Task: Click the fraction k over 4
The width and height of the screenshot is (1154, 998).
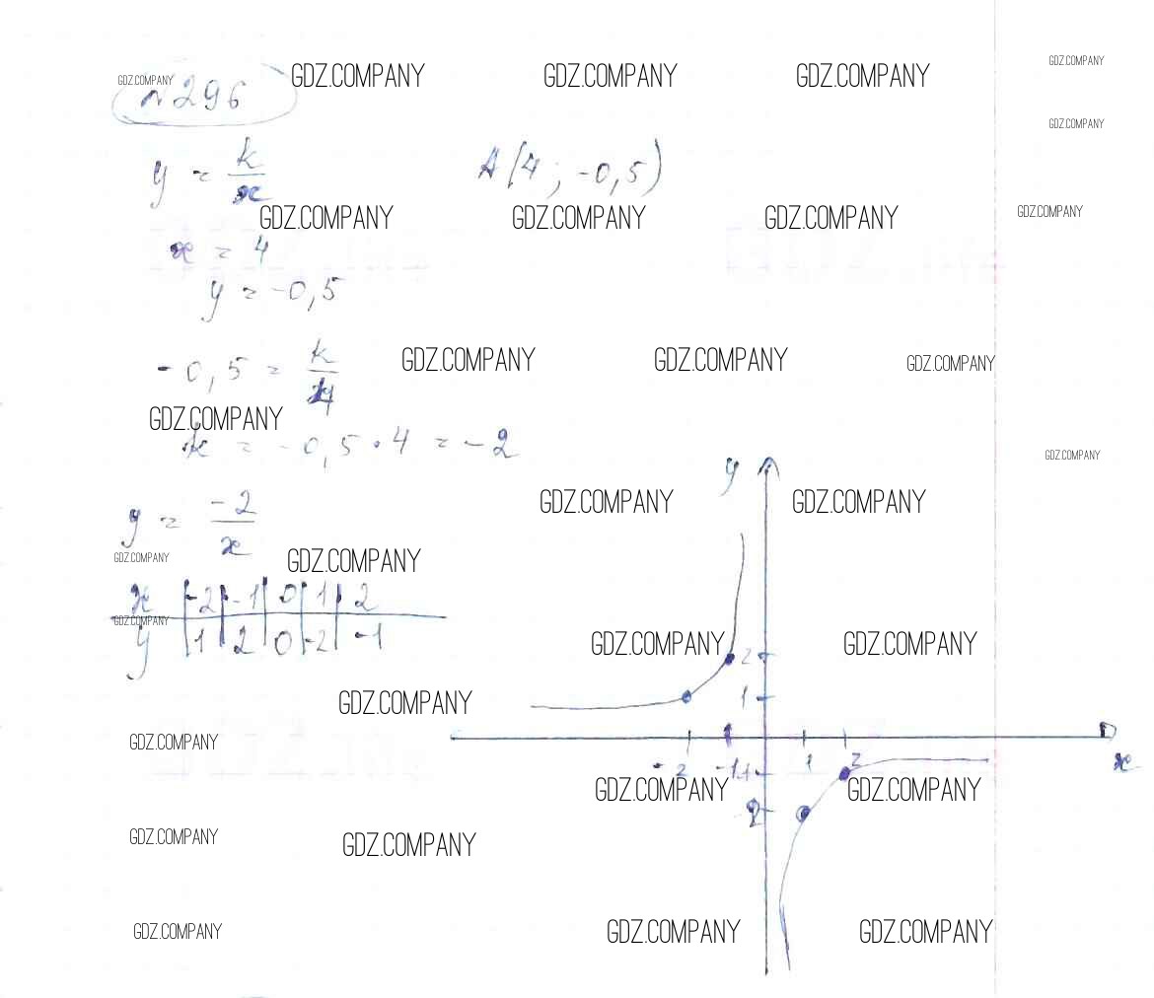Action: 320,369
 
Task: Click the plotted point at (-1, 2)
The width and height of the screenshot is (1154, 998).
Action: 729,658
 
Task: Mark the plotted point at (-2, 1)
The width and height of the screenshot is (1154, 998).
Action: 687,697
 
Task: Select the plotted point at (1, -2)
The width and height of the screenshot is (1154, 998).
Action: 804,814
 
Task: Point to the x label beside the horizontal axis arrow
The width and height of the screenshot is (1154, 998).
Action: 1121,761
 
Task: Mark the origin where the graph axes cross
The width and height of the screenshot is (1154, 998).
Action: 766,737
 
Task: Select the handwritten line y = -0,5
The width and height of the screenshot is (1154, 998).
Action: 266,293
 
